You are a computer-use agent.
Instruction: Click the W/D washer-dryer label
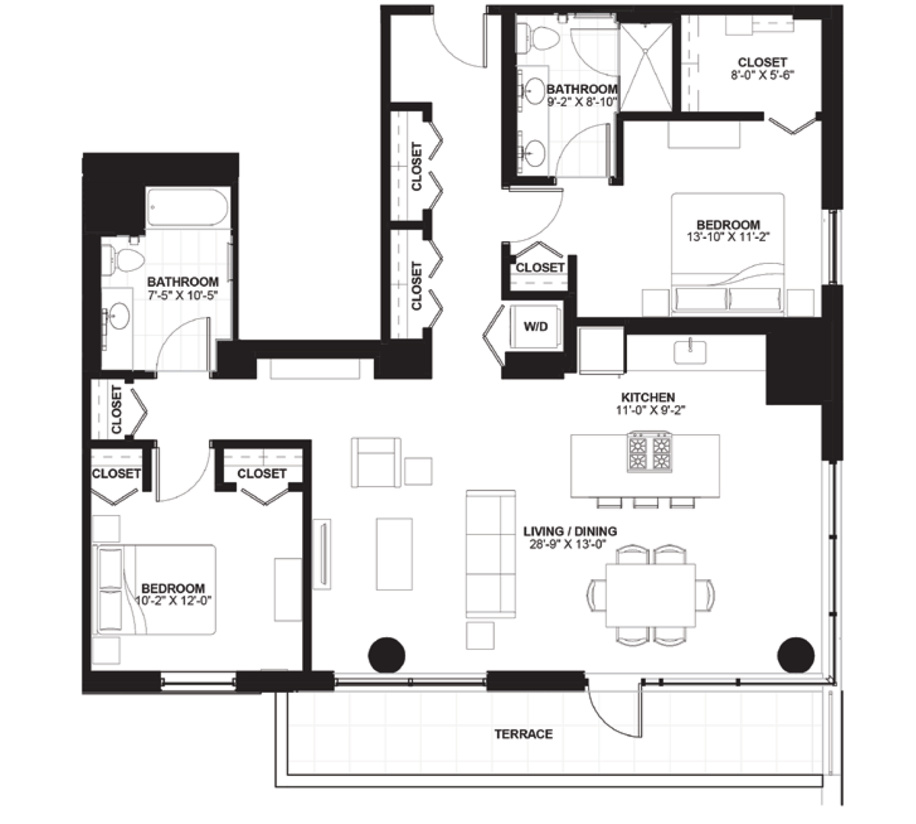click(535, 327)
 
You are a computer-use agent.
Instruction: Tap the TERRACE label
click(524, 734)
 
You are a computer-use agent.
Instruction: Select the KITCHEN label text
click(648, 398)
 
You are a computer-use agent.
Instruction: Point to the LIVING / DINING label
click(570, 531)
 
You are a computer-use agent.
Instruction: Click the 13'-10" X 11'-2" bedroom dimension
click(728, 237)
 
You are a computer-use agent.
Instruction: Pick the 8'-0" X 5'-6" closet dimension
click(762, 75)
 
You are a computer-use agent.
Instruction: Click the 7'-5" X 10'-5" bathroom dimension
click(182, 295)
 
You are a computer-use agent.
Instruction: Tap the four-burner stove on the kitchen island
click(650, 452)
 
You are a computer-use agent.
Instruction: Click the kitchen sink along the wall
click(690, 352)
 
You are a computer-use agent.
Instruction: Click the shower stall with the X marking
click(646, 67)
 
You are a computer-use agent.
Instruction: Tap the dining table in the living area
click(651, 595)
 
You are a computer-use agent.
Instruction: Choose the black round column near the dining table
click(796, 655)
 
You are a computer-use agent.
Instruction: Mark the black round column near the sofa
click(387, 655)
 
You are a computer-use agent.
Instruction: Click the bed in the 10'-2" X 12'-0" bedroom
click(154, 590)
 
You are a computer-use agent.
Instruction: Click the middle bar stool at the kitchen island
click(646, 503)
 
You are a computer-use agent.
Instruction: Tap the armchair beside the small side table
click(376, 462)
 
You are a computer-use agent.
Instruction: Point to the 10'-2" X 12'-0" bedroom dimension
click(174, 600)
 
